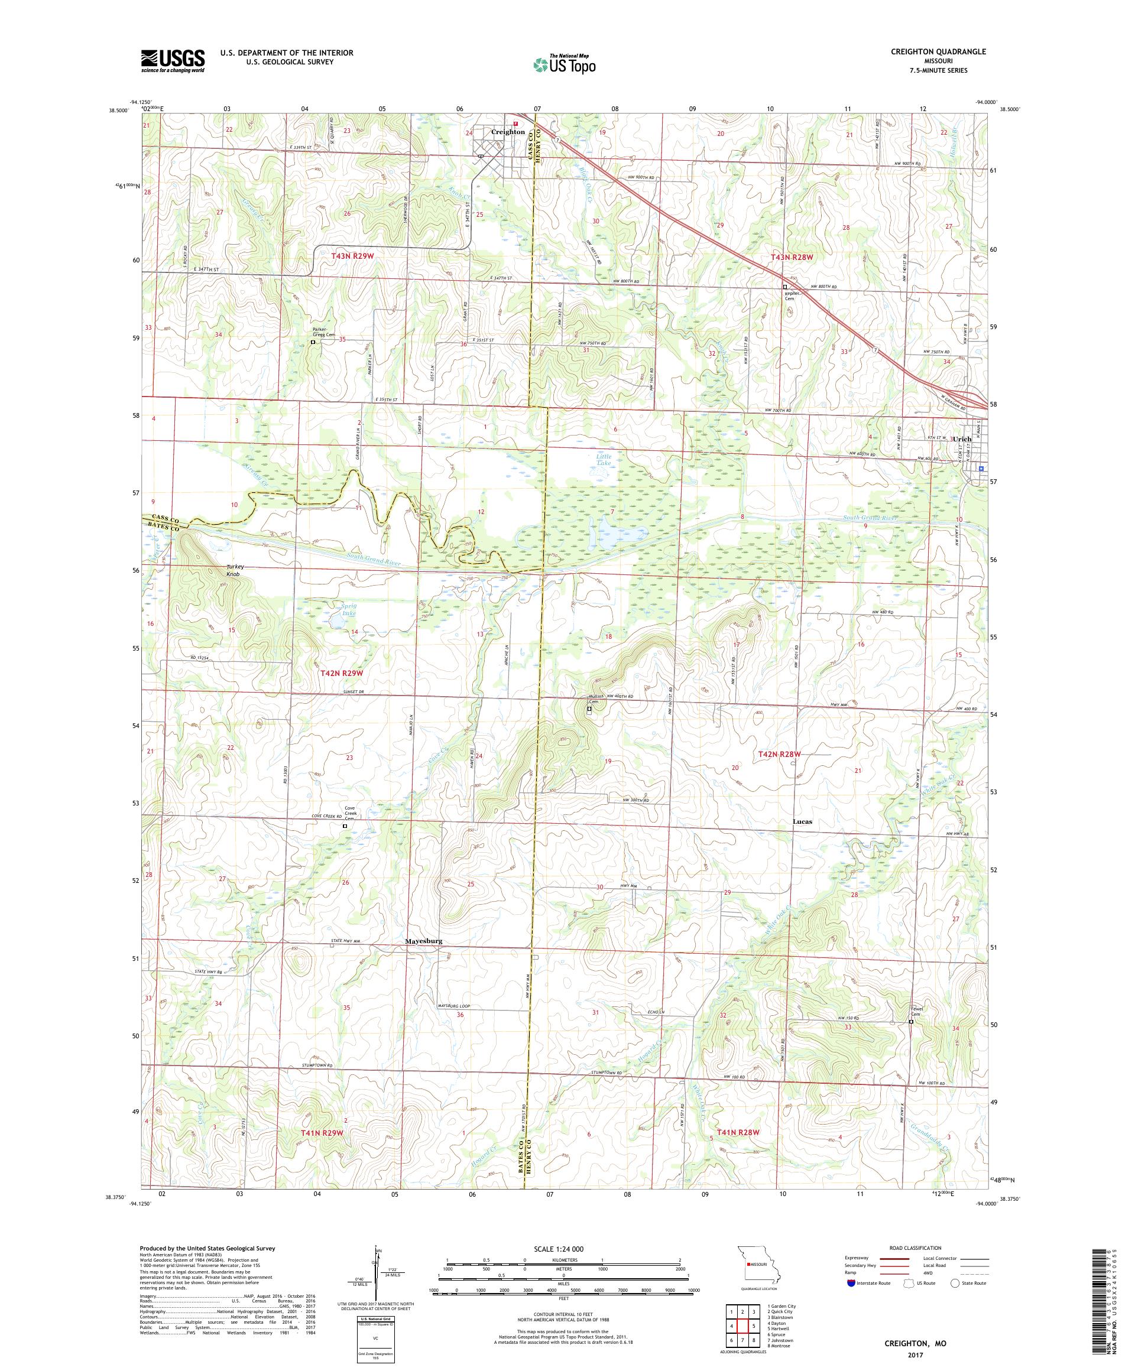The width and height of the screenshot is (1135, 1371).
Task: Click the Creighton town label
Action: tap(507, 132)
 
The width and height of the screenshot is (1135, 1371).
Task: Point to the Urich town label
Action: tap(962, 440)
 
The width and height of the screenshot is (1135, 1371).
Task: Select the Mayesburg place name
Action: tap(424, 941)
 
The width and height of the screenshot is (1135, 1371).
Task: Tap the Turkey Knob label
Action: tap(234, 570)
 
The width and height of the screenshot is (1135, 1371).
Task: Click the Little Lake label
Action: tap(605, 460)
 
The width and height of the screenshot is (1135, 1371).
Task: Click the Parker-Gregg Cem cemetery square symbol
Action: tap(313, 342)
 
